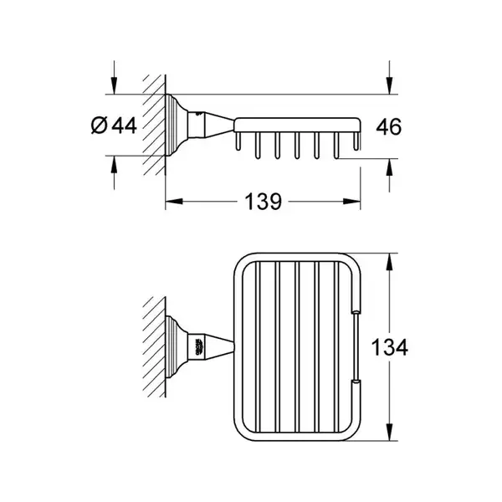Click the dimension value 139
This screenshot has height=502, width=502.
264,202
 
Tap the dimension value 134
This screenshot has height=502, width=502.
389,347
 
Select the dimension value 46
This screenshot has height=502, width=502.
389,127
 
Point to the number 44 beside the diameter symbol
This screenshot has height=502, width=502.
124,125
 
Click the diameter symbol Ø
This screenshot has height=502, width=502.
99,125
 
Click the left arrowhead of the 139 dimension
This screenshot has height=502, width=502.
174,202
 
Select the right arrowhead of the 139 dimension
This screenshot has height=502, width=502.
352,202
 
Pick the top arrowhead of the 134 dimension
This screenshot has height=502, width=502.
389,262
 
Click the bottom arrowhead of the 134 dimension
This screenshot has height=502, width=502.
389,432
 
